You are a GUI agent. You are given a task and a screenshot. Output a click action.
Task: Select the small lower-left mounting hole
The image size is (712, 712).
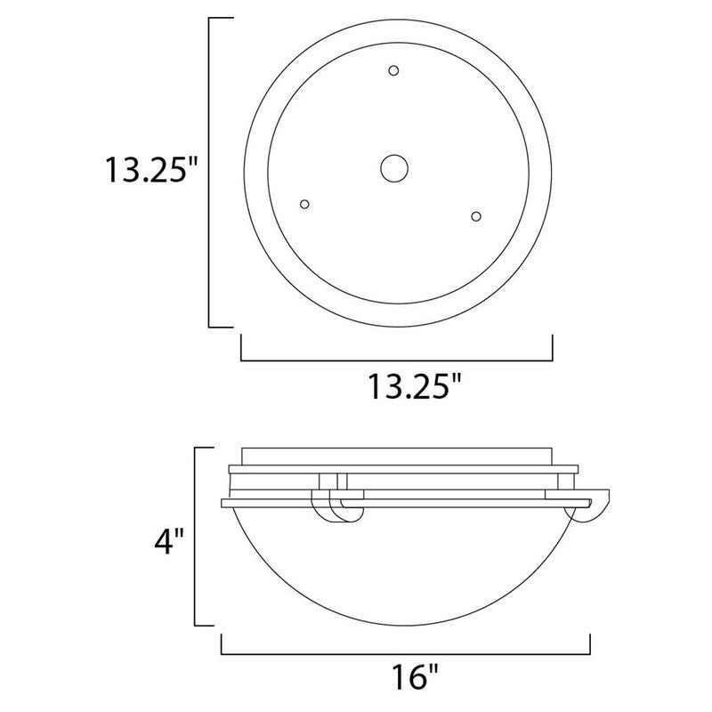coord(305,204)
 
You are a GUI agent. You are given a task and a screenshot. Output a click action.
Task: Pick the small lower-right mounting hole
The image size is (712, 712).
coord(476,215)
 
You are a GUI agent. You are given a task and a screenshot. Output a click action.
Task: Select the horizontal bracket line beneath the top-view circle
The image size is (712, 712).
coord(397,360)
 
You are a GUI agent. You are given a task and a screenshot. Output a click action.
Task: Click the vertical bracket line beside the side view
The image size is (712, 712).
coord(197,536)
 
